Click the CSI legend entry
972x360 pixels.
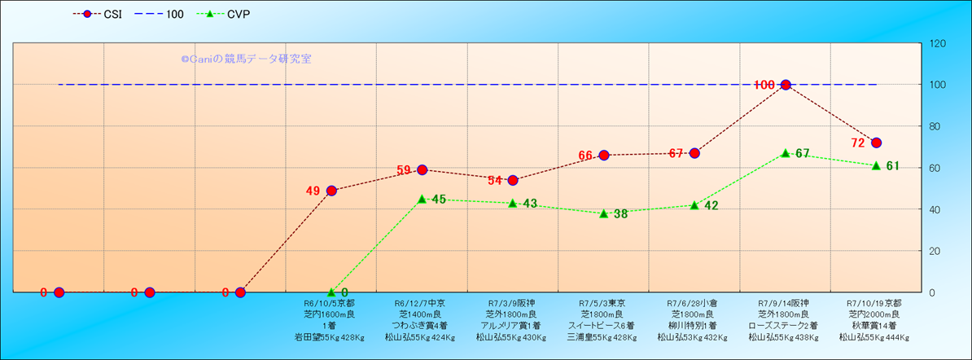point(97,14)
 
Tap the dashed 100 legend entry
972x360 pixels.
point(162,14)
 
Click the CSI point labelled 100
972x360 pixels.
point(786,85)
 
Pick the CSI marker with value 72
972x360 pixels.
point(876,143)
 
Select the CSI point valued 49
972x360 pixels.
point(331,191)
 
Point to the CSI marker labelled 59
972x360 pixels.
point(422,169)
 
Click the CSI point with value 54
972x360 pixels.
point(513,180)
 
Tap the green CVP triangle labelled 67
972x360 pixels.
point(786,153)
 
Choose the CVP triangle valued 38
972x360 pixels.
point(604,213)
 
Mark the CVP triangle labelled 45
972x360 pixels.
point(422,199)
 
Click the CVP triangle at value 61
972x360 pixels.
point(876,165)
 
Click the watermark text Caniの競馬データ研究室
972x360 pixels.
point(246,59)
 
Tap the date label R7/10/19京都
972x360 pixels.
point(873,303)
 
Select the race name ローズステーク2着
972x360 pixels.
point(786,325)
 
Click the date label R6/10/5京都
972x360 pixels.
point(330,303)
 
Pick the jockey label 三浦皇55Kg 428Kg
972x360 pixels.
point(603,336)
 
